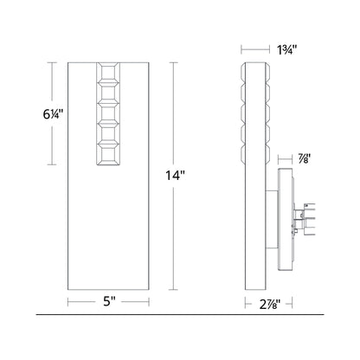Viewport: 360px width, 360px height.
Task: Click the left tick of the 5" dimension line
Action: [x=70, y=302]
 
